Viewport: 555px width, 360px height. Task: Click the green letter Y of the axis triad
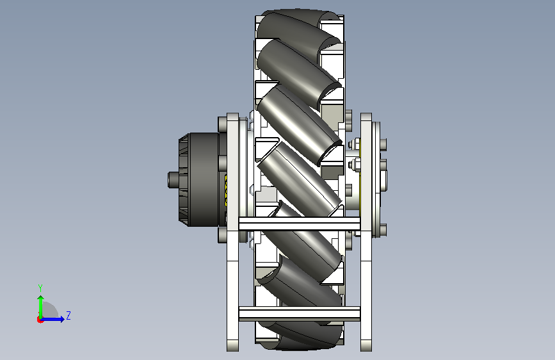(40, 288)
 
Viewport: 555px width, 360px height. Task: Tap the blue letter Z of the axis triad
(68, 315)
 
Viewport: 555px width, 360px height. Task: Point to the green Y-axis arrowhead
(41, 299)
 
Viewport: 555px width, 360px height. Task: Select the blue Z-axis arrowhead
(62, 319)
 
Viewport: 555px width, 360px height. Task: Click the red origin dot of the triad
(40, 320)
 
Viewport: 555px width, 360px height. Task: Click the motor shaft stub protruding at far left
(173, 179)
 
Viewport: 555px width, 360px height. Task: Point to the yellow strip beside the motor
(226, 190)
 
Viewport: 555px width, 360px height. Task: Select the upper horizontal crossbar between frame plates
(300, 224)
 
